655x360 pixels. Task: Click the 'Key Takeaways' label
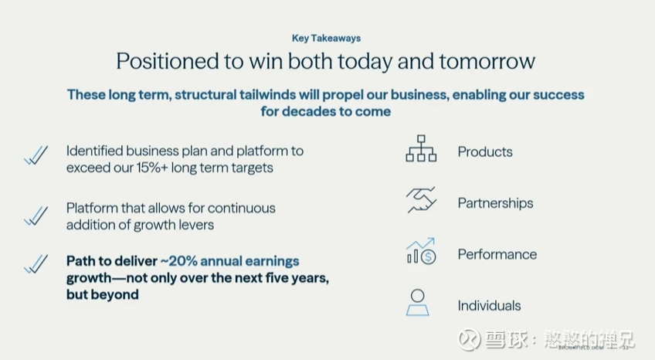[x=326, y=39]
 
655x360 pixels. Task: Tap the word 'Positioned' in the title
[x=167, y=61]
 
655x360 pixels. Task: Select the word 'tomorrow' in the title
[x=487, y=61]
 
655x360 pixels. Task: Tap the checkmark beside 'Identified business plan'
[x=36, y=155]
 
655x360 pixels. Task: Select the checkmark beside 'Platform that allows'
[x=36, y=216]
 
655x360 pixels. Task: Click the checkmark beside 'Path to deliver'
[x=36, y=264]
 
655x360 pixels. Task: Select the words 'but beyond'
[x=102, y=294]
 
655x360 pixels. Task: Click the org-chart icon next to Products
[x=421, y=148]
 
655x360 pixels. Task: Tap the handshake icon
[x=422, y=200]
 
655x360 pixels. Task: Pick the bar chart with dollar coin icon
[x=422, y=251]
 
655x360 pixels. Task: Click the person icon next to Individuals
[x=418, y=302]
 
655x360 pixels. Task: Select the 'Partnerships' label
[x=495, y=203]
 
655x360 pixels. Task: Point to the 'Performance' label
[x=497, y=254]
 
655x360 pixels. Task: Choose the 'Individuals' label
[x=489, y=306]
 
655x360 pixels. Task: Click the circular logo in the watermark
[x=470, y=339]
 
